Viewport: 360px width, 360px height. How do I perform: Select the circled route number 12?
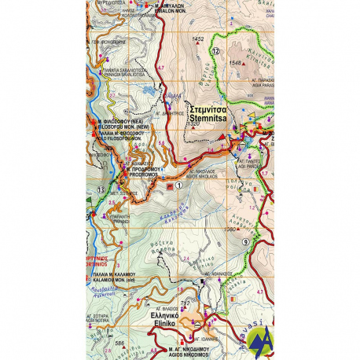pos(215,51)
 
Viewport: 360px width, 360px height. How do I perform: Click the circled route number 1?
pos(179,186)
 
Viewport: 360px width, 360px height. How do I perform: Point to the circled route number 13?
pos(100,189)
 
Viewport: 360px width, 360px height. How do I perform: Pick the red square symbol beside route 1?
pos(168,186)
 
